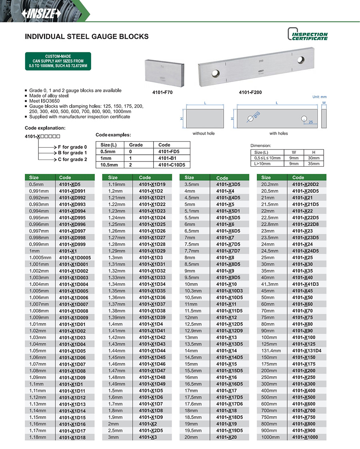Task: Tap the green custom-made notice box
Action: [x=58, y=61]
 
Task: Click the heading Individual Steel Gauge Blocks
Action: [x=87, y=37]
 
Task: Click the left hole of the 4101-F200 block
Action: [x=216, y=74]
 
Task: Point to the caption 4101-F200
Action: [x=250, y=92]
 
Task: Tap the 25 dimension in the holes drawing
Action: [x=310, y=121]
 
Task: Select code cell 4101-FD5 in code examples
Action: [x=168, y=152]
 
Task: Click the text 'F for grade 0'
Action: [x=72, y=147]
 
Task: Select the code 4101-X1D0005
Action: [x=75, y=258]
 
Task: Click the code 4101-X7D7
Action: [x=228, y=251]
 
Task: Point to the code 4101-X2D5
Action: [x=151, y=431]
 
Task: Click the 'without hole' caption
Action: [x=204, y=133]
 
